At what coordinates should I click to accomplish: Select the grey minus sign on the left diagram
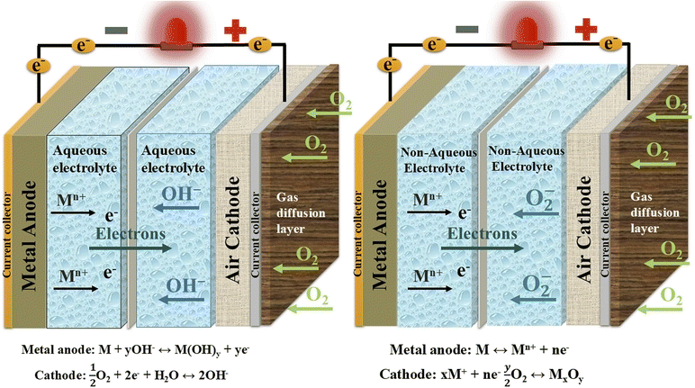point(116,30)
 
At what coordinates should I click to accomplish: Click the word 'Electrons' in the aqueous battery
point(129,232)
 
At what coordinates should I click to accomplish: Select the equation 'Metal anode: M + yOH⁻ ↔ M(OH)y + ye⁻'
point(140,344)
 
